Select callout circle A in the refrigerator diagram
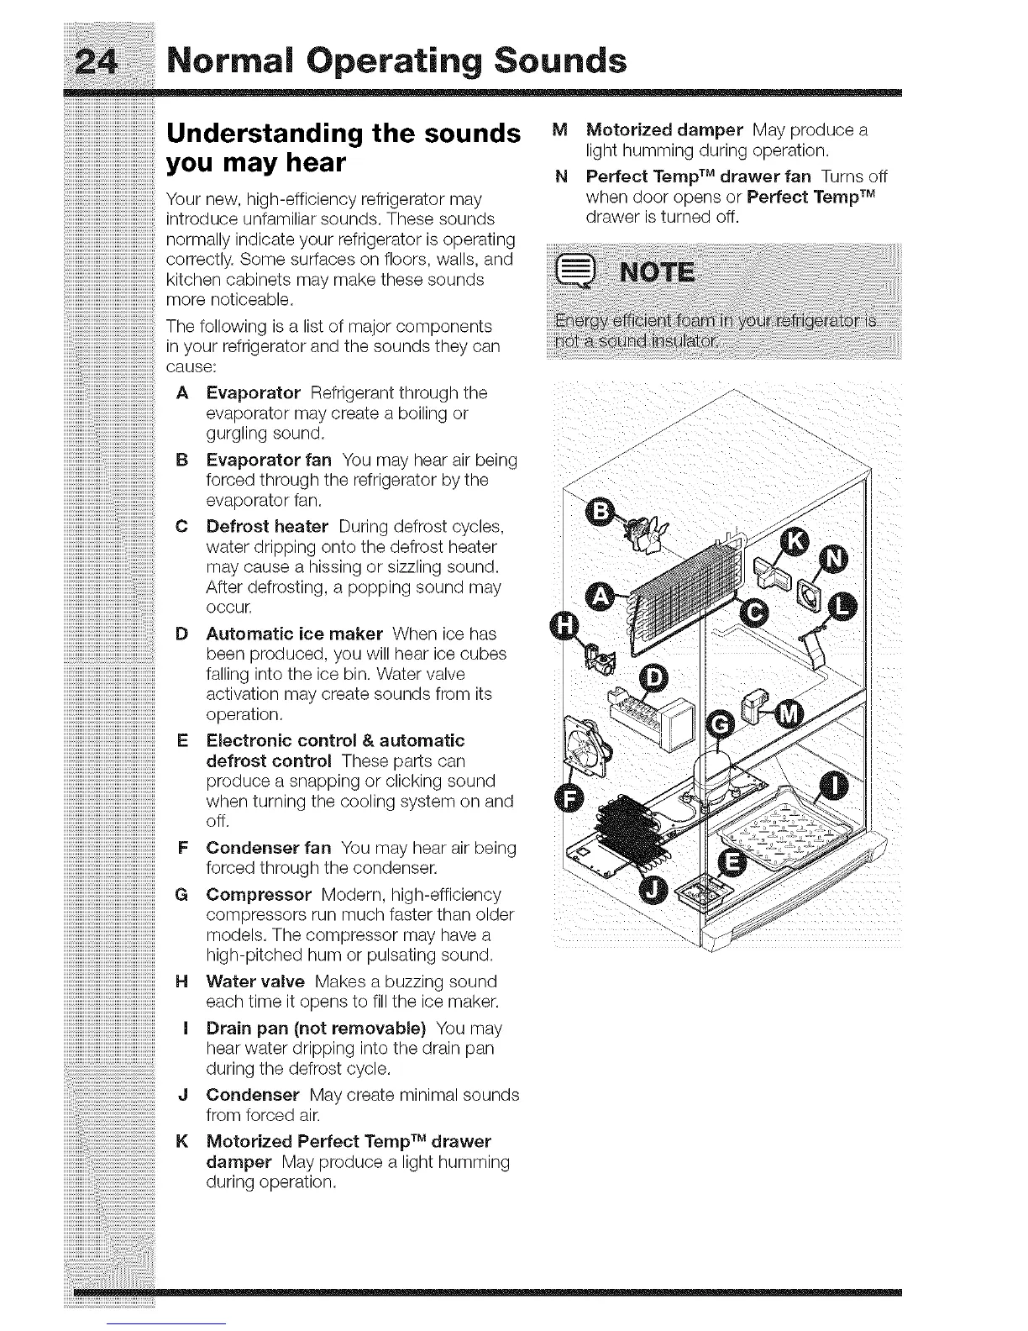(600, 595)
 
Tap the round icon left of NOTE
(581, 275)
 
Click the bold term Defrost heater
(267, 527)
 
